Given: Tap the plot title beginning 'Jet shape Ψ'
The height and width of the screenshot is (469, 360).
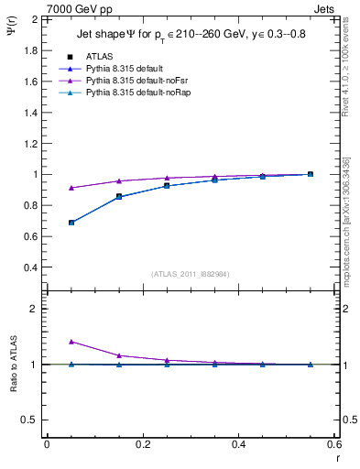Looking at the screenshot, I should coord(191,35).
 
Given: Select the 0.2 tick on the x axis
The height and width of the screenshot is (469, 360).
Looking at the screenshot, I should coord(142,444).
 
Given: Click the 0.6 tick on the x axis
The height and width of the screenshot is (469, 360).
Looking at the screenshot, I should coord(333,444).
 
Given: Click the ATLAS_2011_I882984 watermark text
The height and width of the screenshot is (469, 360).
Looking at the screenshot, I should coord(190,274).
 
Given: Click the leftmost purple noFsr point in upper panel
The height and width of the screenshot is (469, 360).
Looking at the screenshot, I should coord(71,188).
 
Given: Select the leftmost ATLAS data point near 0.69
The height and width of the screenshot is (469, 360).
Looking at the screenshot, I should coord(71,223).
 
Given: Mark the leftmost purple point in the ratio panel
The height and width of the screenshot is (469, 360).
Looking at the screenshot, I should coord(71,342).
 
